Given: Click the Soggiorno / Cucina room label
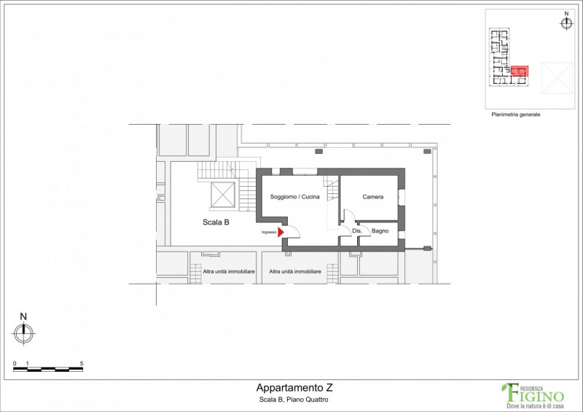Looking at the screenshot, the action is (294, 197).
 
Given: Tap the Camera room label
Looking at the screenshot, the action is (373, 197).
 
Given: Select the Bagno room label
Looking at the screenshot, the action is (380, 231).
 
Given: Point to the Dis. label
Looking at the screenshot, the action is (357, 231).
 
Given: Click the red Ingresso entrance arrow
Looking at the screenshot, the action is (281, 232).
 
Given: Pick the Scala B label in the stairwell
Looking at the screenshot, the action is (216, 222).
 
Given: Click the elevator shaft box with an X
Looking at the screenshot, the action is (223, 195).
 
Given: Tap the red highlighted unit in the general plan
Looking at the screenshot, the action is (520, 71).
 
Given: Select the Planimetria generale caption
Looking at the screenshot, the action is (516, 114).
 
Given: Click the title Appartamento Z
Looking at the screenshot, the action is (294, 388).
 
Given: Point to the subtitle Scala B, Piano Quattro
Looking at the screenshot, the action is (294, 400).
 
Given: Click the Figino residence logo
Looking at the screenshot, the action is (533, 396).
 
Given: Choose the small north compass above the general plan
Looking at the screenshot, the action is (566, 21).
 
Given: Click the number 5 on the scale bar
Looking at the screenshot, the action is (82, 364).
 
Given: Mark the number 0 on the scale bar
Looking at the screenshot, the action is (15, 364).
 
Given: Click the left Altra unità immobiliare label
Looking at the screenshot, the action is (229, 272).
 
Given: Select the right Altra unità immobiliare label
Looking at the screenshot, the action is (295, 272).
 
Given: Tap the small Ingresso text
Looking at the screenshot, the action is (269, 232).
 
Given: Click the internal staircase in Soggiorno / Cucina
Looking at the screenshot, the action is (332, 189).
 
